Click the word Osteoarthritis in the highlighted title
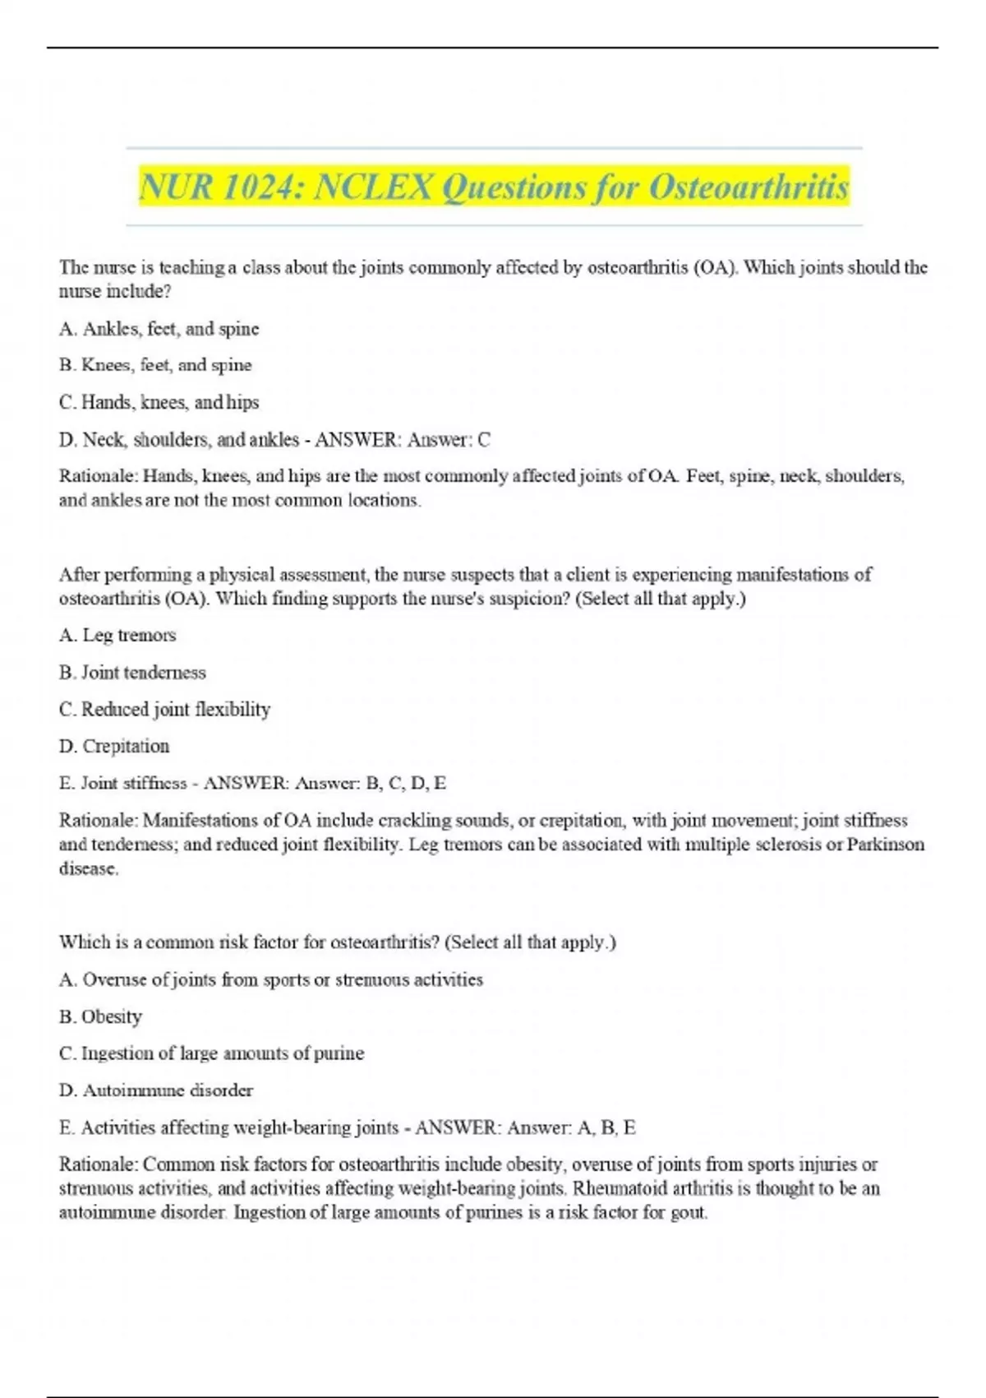tap(749, 187)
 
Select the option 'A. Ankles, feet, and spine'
tap(159, 329)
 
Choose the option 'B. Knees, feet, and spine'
tap(155, 365)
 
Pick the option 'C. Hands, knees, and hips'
tap(159, 402)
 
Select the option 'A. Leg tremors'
tap(117, 635)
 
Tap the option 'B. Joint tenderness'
tap(132, 673)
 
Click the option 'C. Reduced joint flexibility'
tap(164, 709)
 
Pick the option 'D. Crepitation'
tap(114, 746)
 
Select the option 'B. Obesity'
tap(100, 1016)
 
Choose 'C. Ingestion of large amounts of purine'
tap(211, 1053)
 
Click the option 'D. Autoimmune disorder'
tap(156, 1090)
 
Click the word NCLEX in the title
tap(374, 187)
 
